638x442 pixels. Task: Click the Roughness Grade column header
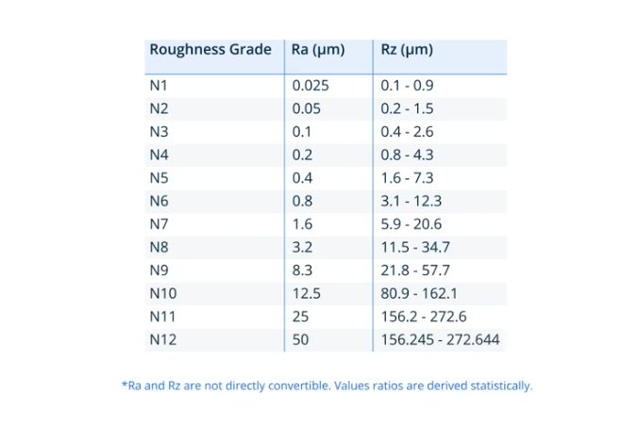click(210, 50)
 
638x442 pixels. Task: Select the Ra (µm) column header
click(316, 50)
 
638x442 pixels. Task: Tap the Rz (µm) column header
click(407, 50)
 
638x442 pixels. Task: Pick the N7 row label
click(159, 224)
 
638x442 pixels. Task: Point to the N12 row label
click(162, 339)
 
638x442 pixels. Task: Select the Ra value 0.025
click(310, 86)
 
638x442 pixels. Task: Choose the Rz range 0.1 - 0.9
click(407, 86)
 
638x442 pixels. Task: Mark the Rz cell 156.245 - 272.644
click(440, 339)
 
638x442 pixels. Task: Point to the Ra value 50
click(300, 339)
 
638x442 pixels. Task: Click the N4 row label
click(159, 155)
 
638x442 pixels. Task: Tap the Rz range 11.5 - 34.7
click(415, 247)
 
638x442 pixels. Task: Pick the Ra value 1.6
click(302, 224)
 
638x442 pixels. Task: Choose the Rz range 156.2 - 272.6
click(423, 317)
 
